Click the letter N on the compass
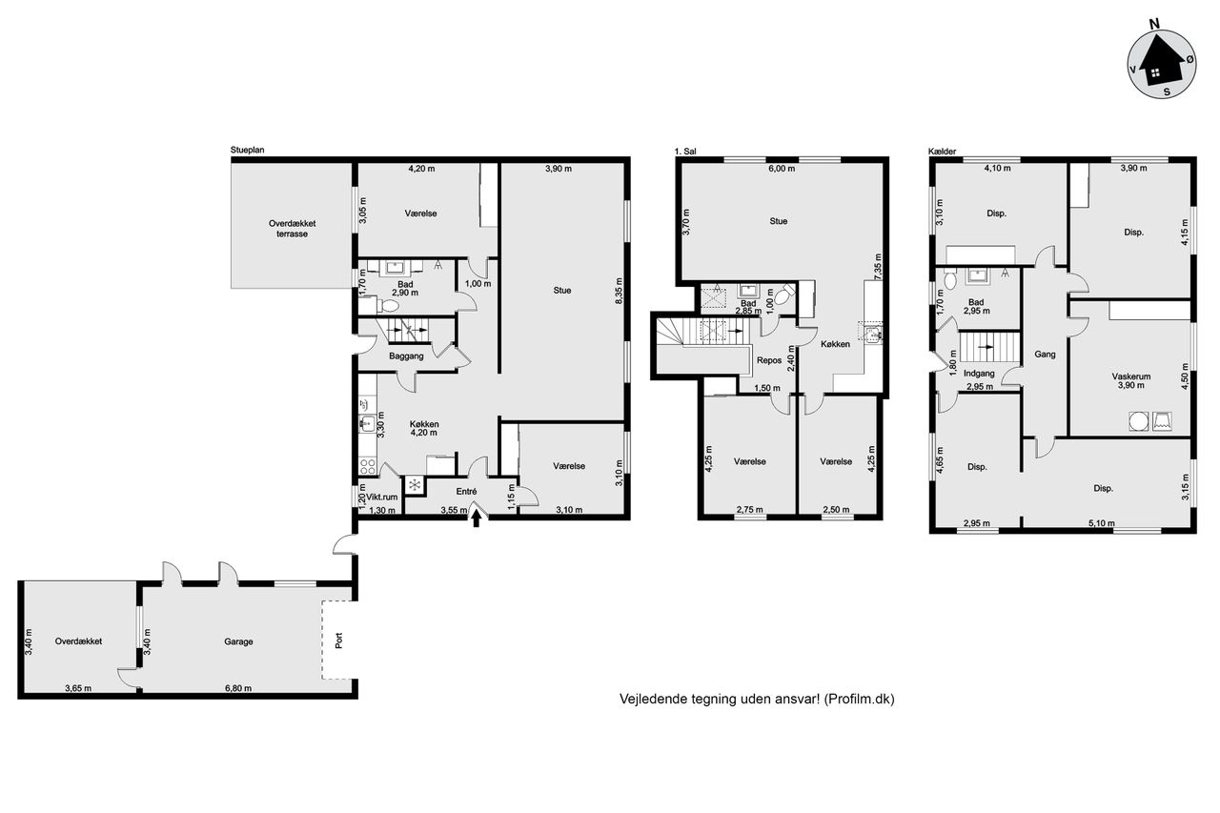[x=1154, y=24]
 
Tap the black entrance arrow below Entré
[x=476, y=520]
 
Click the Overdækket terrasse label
[x=292, y=229]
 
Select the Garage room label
[x=238, y=641]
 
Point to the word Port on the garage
[x=338, y=640]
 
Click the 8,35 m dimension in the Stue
[x=619, y=292]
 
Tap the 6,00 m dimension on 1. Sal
[x=782, y=169]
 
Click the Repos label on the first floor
[x=769, y=360]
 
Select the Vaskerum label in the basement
[x=1131, y=376]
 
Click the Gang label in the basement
[x=1045, y=355]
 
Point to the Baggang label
[x=406, y=356]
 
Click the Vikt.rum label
[x=382, y=498]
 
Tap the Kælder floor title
[x=942, y=152]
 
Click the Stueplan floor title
[x=247, y=151]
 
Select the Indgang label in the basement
[x=979, y=374]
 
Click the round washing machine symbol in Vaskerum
[x=1138, y=421]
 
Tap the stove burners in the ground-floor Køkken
[x=367, y=466]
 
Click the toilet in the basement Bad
[x=949, y=280]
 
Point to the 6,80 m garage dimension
[x=238, y=688]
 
